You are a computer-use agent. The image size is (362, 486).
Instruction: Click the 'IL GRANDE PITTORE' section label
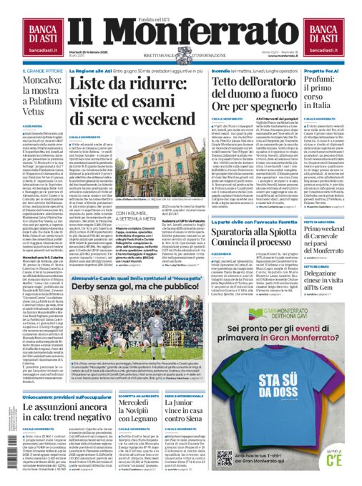(42, 72)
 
